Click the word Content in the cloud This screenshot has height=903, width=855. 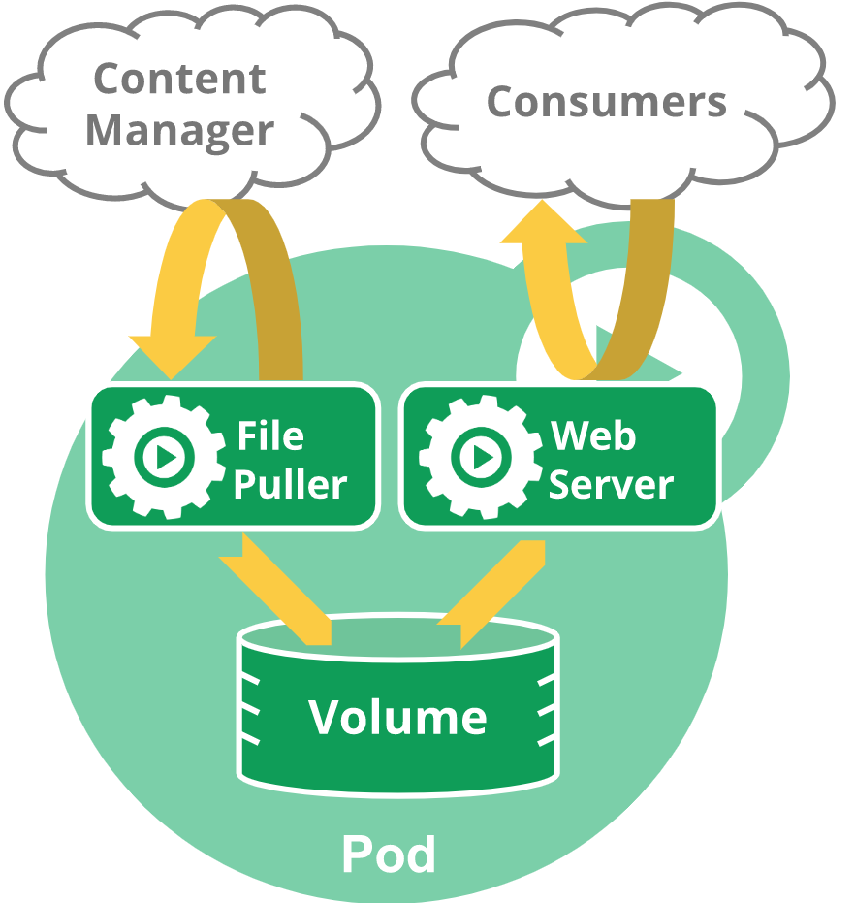coord(179,79)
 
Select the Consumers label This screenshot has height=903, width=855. coord(606,102)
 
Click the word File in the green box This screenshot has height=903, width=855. coord(270,435)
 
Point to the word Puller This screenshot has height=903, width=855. coord(290,484)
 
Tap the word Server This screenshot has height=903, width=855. coord(611,484)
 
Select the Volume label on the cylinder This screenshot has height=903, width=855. coord(397,717)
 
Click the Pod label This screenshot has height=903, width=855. coord(389,855)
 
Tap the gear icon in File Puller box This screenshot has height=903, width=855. coord(164,457)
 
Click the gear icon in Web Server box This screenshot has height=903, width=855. coord(481,457)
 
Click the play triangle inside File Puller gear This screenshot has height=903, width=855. coord(167,457)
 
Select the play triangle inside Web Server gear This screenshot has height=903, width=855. coord(483,457)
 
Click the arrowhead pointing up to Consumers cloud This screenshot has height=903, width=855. coord(543,222)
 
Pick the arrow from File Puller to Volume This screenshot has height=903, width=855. coord(276,588)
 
